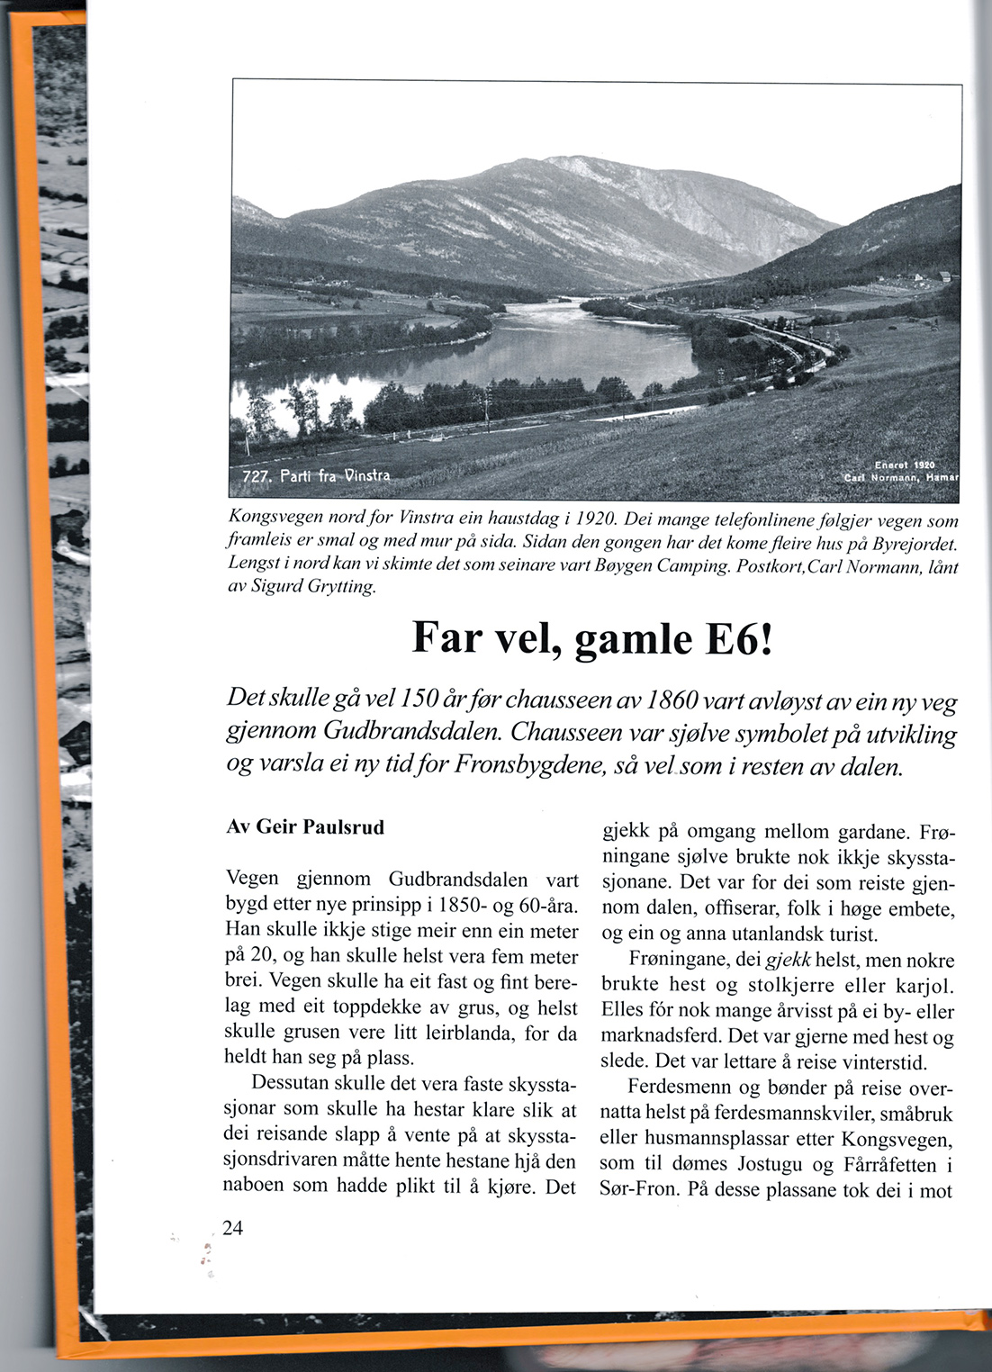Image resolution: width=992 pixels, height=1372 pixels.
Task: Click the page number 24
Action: pos(233,1229)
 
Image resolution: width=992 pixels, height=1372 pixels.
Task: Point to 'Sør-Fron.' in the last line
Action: pos(640,1189)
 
